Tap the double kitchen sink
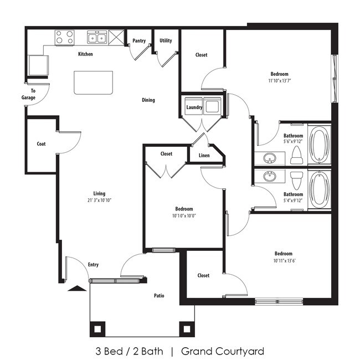(97, 38)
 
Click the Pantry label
(139, 41)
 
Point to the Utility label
(165, 40)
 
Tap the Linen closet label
(204, 156)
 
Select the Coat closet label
(41, 144)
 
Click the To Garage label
(29, 94)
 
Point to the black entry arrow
(77, 287)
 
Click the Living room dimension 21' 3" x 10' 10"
(100, 200)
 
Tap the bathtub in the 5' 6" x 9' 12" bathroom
(320, 146)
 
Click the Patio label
(158, 296)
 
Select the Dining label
(148, 100)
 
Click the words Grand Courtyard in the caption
(223, 351)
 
